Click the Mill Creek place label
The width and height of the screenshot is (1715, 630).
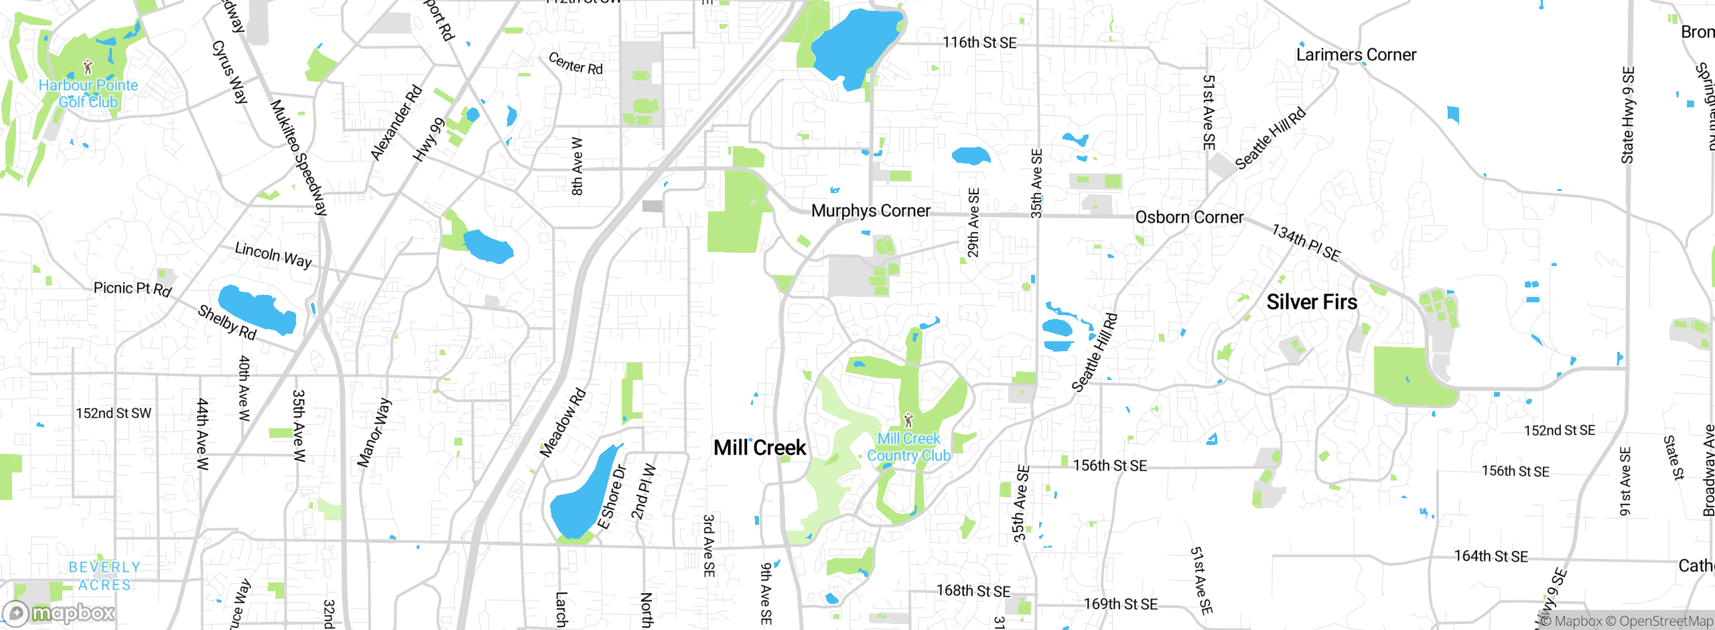[x=760, y=448]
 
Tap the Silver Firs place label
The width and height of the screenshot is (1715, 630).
[x=1312, y=302]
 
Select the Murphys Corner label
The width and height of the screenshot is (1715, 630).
[x=870, y=211]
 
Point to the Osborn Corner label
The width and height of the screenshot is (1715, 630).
[x=1189, y=218]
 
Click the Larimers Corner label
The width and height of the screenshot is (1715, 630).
[x=1356, y=55]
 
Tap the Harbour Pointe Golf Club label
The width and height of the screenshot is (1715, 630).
[x=88, y=94]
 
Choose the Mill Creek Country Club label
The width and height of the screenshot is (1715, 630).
[x=908, y=447]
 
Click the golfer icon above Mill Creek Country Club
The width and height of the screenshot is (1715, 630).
[x=908, y=420]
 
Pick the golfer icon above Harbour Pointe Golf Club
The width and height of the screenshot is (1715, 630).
[x=88, y=67]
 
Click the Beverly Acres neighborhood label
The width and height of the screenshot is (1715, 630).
[x=105, y=576]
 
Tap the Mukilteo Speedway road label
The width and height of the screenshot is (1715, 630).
[x=298, y=157]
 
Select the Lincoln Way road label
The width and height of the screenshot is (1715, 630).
[x=273, y=255]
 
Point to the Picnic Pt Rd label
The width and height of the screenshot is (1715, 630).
[x=133, y=289]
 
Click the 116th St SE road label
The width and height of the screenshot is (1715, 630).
[x=979, y=43]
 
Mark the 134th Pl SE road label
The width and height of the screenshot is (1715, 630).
[x=1306, y=243]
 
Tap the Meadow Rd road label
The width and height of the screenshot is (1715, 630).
[x=563, y=423]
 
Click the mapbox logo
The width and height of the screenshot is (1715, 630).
[x=59, y=613]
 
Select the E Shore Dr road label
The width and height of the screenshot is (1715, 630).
[x=612, y=497]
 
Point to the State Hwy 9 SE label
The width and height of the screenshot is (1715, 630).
[x=1628, y=115]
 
